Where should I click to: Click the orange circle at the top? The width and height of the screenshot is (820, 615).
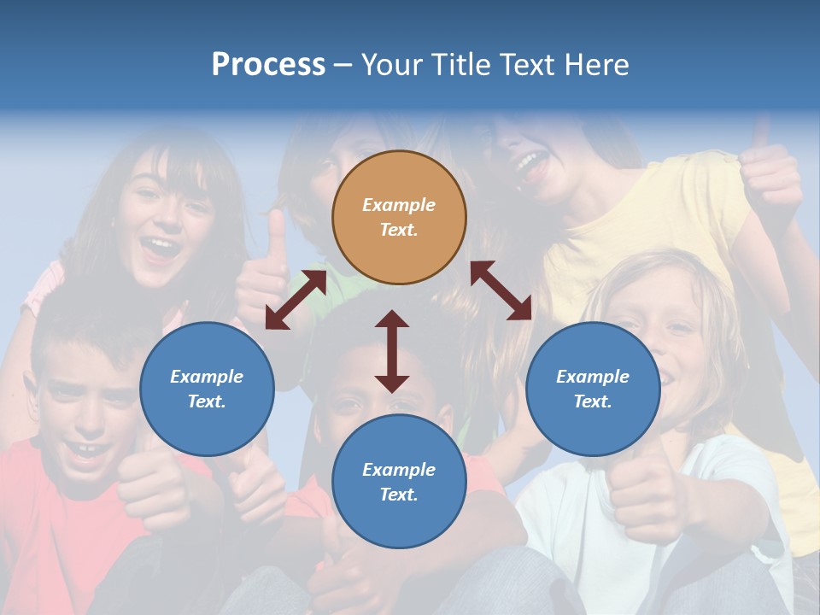click(x=399, y=217)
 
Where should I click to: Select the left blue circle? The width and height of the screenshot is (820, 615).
click(x=207, y=389)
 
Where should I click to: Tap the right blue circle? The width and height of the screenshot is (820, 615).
click(x=593, y=389)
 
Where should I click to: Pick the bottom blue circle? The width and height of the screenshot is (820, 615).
click(x=399, y=482)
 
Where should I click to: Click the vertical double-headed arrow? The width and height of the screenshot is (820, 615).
click(x=392, y=350)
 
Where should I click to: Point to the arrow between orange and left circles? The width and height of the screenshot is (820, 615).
click(x=296, y=300)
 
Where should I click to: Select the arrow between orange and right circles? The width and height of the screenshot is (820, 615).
click(x=501, y=290)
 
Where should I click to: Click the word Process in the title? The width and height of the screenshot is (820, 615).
click(x=268, y=65)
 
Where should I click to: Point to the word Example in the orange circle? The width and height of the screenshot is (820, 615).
click(x=399, y=205)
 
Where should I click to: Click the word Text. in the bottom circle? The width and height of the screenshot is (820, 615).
click(x=399, y=495)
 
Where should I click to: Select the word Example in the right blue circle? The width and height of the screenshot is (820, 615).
click(x=593, y=377)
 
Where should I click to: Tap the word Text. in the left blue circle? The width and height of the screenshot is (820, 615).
click(x=207, y=401)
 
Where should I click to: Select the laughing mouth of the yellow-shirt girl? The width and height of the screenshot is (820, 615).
click(x=531, y=164)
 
